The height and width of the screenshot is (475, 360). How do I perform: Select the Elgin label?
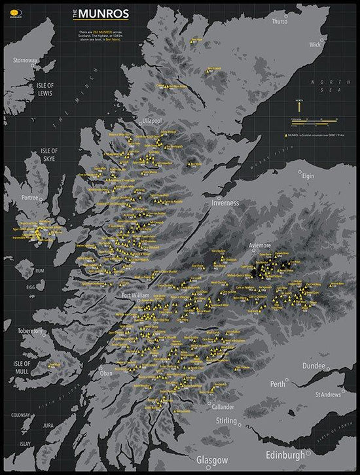[x=308, y=176]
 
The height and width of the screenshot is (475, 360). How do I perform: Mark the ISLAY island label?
[x=25, y=444]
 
